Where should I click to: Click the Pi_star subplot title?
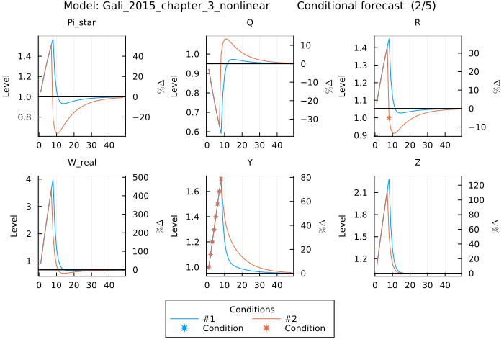81,23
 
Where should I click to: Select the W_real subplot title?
81,163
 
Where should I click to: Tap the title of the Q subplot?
250,23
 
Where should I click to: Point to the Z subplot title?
418,163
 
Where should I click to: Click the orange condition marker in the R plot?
389,117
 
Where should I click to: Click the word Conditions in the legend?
249,309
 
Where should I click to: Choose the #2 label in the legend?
292,319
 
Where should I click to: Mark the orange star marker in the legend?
267,328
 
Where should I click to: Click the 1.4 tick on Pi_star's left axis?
26,56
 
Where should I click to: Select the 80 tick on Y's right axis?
305,178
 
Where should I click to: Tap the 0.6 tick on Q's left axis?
194,132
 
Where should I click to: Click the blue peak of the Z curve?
389,179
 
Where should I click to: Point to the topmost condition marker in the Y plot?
221,179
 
